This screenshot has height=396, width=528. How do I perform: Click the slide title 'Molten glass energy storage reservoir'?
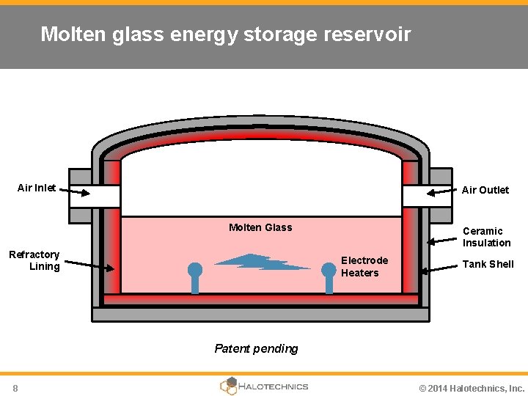[225, 34]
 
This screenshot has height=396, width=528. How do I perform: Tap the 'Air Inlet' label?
[37, 188]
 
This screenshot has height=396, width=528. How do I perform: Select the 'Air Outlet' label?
[485, 190]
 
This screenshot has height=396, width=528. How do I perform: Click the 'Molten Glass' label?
[260, 227]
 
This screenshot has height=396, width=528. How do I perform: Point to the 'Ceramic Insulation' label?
[486, 237]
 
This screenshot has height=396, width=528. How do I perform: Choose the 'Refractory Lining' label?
[34, 260]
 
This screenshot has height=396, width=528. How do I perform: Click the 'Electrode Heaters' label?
[364, 267]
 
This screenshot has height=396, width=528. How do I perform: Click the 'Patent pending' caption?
[256, 348]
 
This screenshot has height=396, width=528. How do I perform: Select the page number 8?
[15, 388]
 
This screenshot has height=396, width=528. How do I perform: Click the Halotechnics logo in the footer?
[264, 386]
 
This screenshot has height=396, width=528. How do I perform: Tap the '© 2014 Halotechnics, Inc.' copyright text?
[472, 388]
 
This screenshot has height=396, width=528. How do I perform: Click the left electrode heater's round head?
[195, 269]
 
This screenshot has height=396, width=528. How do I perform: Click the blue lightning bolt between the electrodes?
[262, 262]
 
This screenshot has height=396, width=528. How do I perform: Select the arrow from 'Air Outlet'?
[442, 193]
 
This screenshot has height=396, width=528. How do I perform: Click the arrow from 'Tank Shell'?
[439, 270]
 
